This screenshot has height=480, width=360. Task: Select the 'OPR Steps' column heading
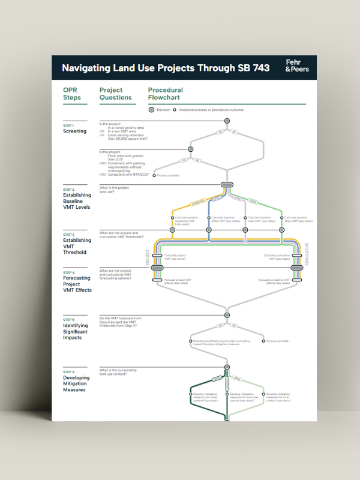tap(72, 94)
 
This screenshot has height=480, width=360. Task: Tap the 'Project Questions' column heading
tap(115, 94)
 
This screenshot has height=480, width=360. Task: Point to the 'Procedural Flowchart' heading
tap(165, 94)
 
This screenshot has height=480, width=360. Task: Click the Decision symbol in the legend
tap(152, 110)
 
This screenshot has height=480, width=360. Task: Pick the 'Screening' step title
tap(74, 131)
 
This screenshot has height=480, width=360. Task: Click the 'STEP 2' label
tap(68, 190)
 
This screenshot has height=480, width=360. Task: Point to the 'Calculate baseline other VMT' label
tap(298, 220)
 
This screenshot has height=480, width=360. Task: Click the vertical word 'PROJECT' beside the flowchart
tap(147, 257)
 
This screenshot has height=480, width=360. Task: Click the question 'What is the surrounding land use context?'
tap(118, 372)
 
